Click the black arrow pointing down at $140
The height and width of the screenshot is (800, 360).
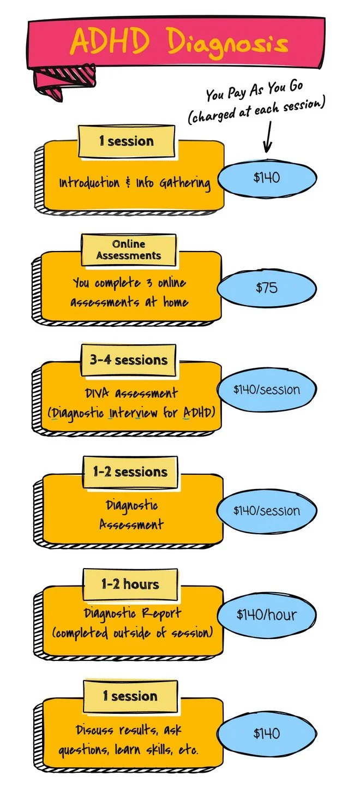click(267, 137)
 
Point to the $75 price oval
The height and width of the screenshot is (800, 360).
click(267, 288)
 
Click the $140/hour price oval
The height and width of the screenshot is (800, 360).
click(267, 614)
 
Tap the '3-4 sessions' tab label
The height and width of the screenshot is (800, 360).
click(129, 360)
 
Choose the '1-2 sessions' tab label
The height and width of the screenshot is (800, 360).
click(130, 472)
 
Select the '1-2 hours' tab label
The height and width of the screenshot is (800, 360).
click(130, 584)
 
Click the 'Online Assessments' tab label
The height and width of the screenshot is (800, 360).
click(129, 250)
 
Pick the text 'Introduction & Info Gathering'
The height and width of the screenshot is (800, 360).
click(135, 183)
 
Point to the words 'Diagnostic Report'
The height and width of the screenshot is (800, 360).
click(133, 613)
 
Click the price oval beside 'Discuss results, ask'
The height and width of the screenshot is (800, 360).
click(267, 733)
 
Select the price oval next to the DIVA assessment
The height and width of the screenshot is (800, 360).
click(267, 390)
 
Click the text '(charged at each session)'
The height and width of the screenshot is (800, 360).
click(256, 110)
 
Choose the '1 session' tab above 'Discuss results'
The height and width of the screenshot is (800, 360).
click(130, 696)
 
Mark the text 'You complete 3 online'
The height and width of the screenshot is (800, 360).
click(129, 283)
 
